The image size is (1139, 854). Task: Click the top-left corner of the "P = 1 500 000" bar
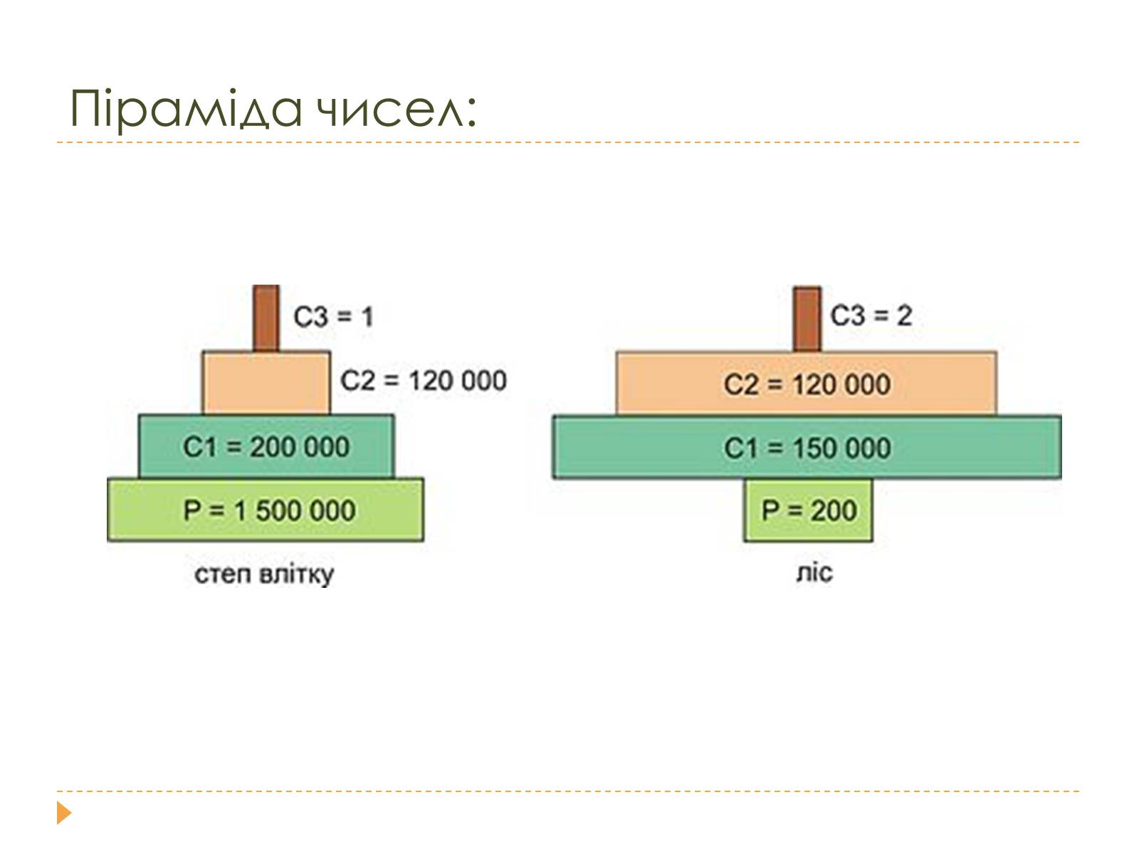click(107, 478)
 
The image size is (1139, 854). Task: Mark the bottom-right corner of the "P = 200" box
click(873, 542)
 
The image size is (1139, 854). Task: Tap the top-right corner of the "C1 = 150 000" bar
click(1061, 416)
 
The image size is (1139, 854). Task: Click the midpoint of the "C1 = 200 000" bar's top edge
click(266, 415)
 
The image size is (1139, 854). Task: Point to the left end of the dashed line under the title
click(57, 142)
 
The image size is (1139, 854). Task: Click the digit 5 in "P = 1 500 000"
click(263, 511)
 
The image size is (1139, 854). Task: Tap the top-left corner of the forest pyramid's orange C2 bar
click(616, 352)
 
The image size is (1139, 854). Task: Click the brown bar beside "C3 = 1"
click(266, 318)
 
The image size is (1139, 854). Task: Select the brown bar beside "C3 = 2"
click(807, 319)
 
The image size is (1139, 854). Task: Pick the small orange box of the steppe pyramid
click(266, 383)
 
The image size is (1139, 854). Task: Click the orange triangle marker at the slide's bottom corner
click(64, 813)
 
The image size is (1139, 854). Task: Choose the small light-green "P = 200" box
click(809, 510)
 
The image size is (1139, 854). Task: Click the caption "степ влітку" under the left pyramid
click(264, 574)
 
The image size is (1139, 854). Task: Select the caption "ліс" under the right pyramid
click(814, 573)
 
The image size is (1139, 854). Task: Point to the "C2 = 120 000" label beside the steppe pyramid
click(424, 380)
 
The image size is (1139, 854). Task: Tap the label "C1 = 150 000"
click(807, 448)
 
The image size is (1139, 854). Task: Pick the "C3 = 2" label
click(871, 315)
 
